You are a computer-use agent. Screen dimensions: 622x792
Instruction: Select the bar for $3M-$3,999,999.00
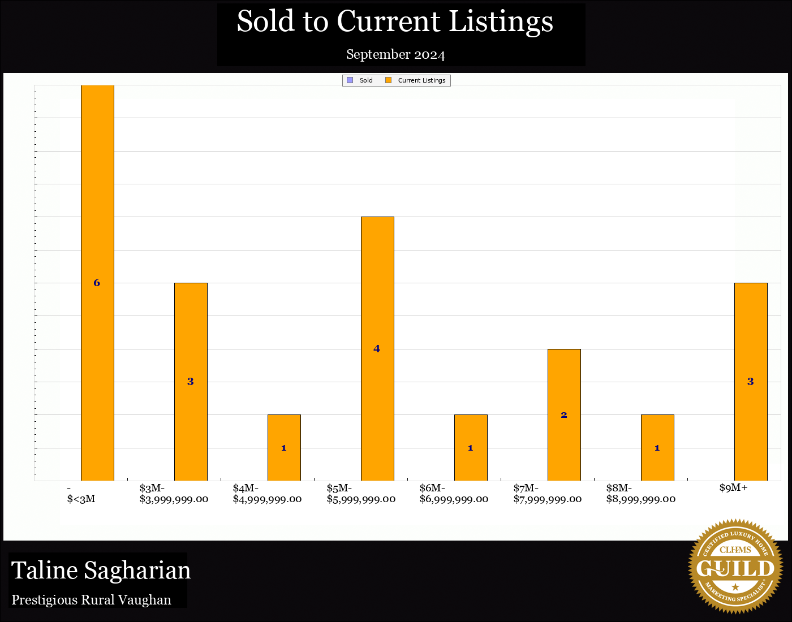pos(191,339)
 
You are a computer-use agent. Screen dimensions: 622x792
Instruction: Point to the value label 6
pos(97,283)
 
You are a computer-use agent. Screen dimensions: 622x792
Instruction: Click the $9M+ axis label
pos(734,487)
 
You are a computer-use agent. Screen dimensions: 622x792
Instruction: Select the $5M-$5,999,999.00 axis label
pos(361,494)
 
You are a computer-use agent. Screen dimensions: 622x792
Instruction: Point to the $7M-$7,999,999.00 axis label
pos(548,494)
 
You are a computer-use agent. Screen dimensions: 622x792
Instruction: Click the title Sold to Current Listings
pos(395,21)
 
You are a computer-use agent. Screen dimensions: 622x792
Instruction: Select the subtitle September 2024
pos(395,54)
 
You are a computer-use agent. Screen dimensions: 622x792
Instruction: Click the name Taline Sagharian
pos(101,571)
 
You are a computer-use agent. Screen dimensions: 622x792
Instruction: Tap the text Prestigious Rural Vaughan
pos(92,600)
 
